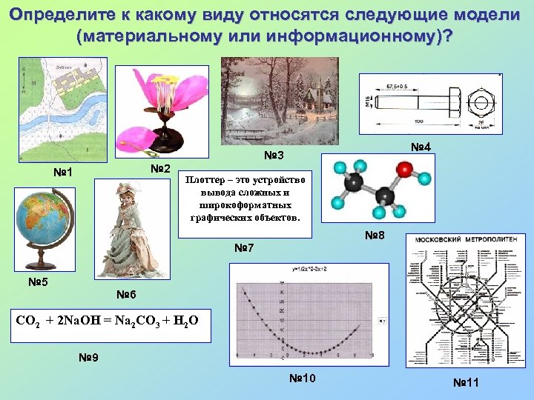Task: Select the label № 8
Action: coord(374,237)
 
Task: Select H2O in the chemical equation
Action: coord(185,321)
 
